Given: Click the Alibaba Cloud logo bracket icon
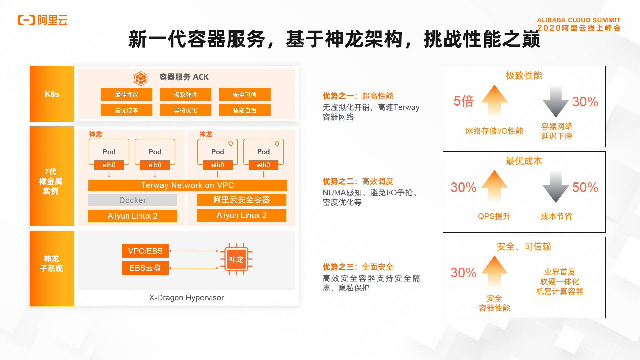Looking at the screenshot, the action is tap(26, 20).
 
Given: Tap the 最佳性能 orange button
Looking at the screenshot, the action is tap(126, 94).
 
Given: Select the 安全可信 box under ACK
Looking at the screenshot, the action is tap(245, 94).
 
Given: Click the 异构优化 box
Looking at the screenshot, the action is tap(186, 110).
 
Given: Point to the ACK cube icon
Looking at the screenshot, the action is tap(141, 78).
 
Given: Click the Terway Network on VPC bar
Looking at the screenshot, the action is tap(187, 185).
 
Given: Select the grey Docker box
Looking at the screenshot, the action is tap(133, 200).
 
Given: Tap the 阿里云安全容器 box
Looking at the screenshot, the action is tap(242, 200).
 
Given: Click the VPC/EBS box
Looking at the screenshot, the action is tap(145, 251).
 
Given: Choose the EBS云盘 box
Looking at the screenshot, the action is tap(145, 268).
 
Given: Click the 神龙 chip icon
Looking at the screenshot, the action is tap(236, 259).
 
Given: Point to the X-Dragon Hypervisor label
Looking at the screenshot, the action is tap(186, 298).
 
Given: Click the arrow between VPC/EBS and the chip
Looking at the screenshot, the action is tap(194, 251).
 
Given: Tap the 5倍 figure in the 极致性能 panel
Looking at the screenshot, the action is tap(464, 101).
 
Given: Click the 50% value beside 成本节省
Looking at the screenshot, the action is tap(585, 187).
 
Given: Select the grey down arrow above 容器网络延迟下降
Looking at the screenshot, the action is tap(556, 101).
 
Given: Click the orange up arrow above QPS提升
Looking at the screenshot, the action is tap(494, 186).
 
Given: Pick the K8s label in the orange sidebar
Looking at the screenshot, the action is tap(52, 94).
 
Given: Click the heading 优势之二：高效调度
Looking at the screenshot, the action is tap(358, 181).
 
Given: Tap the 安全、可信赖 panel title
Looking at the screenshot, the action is tap(524, 247).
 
